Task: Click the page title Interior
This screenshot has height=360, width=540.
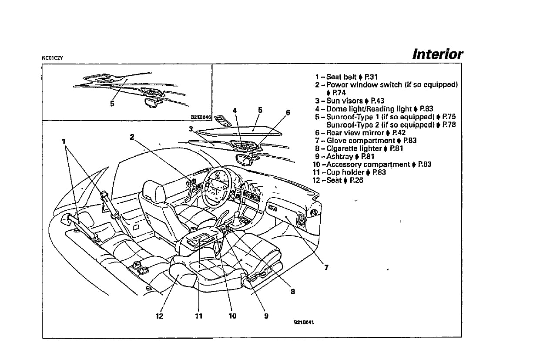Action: pos(437,54)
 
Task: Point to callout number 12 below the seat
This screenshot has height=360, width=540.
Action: pos(159,316)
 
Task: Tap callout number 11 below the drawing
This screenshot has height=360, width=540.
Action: pos(198,316)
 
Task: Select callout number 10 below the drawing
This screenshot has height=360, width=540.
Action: pos(232,316)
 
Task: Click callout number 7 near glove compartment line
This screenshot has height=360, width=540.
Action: pos(326,267)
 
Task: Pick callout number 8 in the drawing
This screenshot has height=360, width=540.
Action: pos(293,292)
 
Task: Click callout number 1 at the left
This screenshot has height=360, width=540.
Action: pos(64,141)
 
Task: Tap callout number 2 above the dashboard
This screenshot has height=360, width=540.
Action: pos(132,136)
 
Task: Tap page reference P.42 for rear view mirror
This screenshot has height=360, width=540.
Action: pos(399,133)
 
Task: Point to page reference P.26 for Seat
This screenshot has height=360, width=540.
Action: pos(356,180)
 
